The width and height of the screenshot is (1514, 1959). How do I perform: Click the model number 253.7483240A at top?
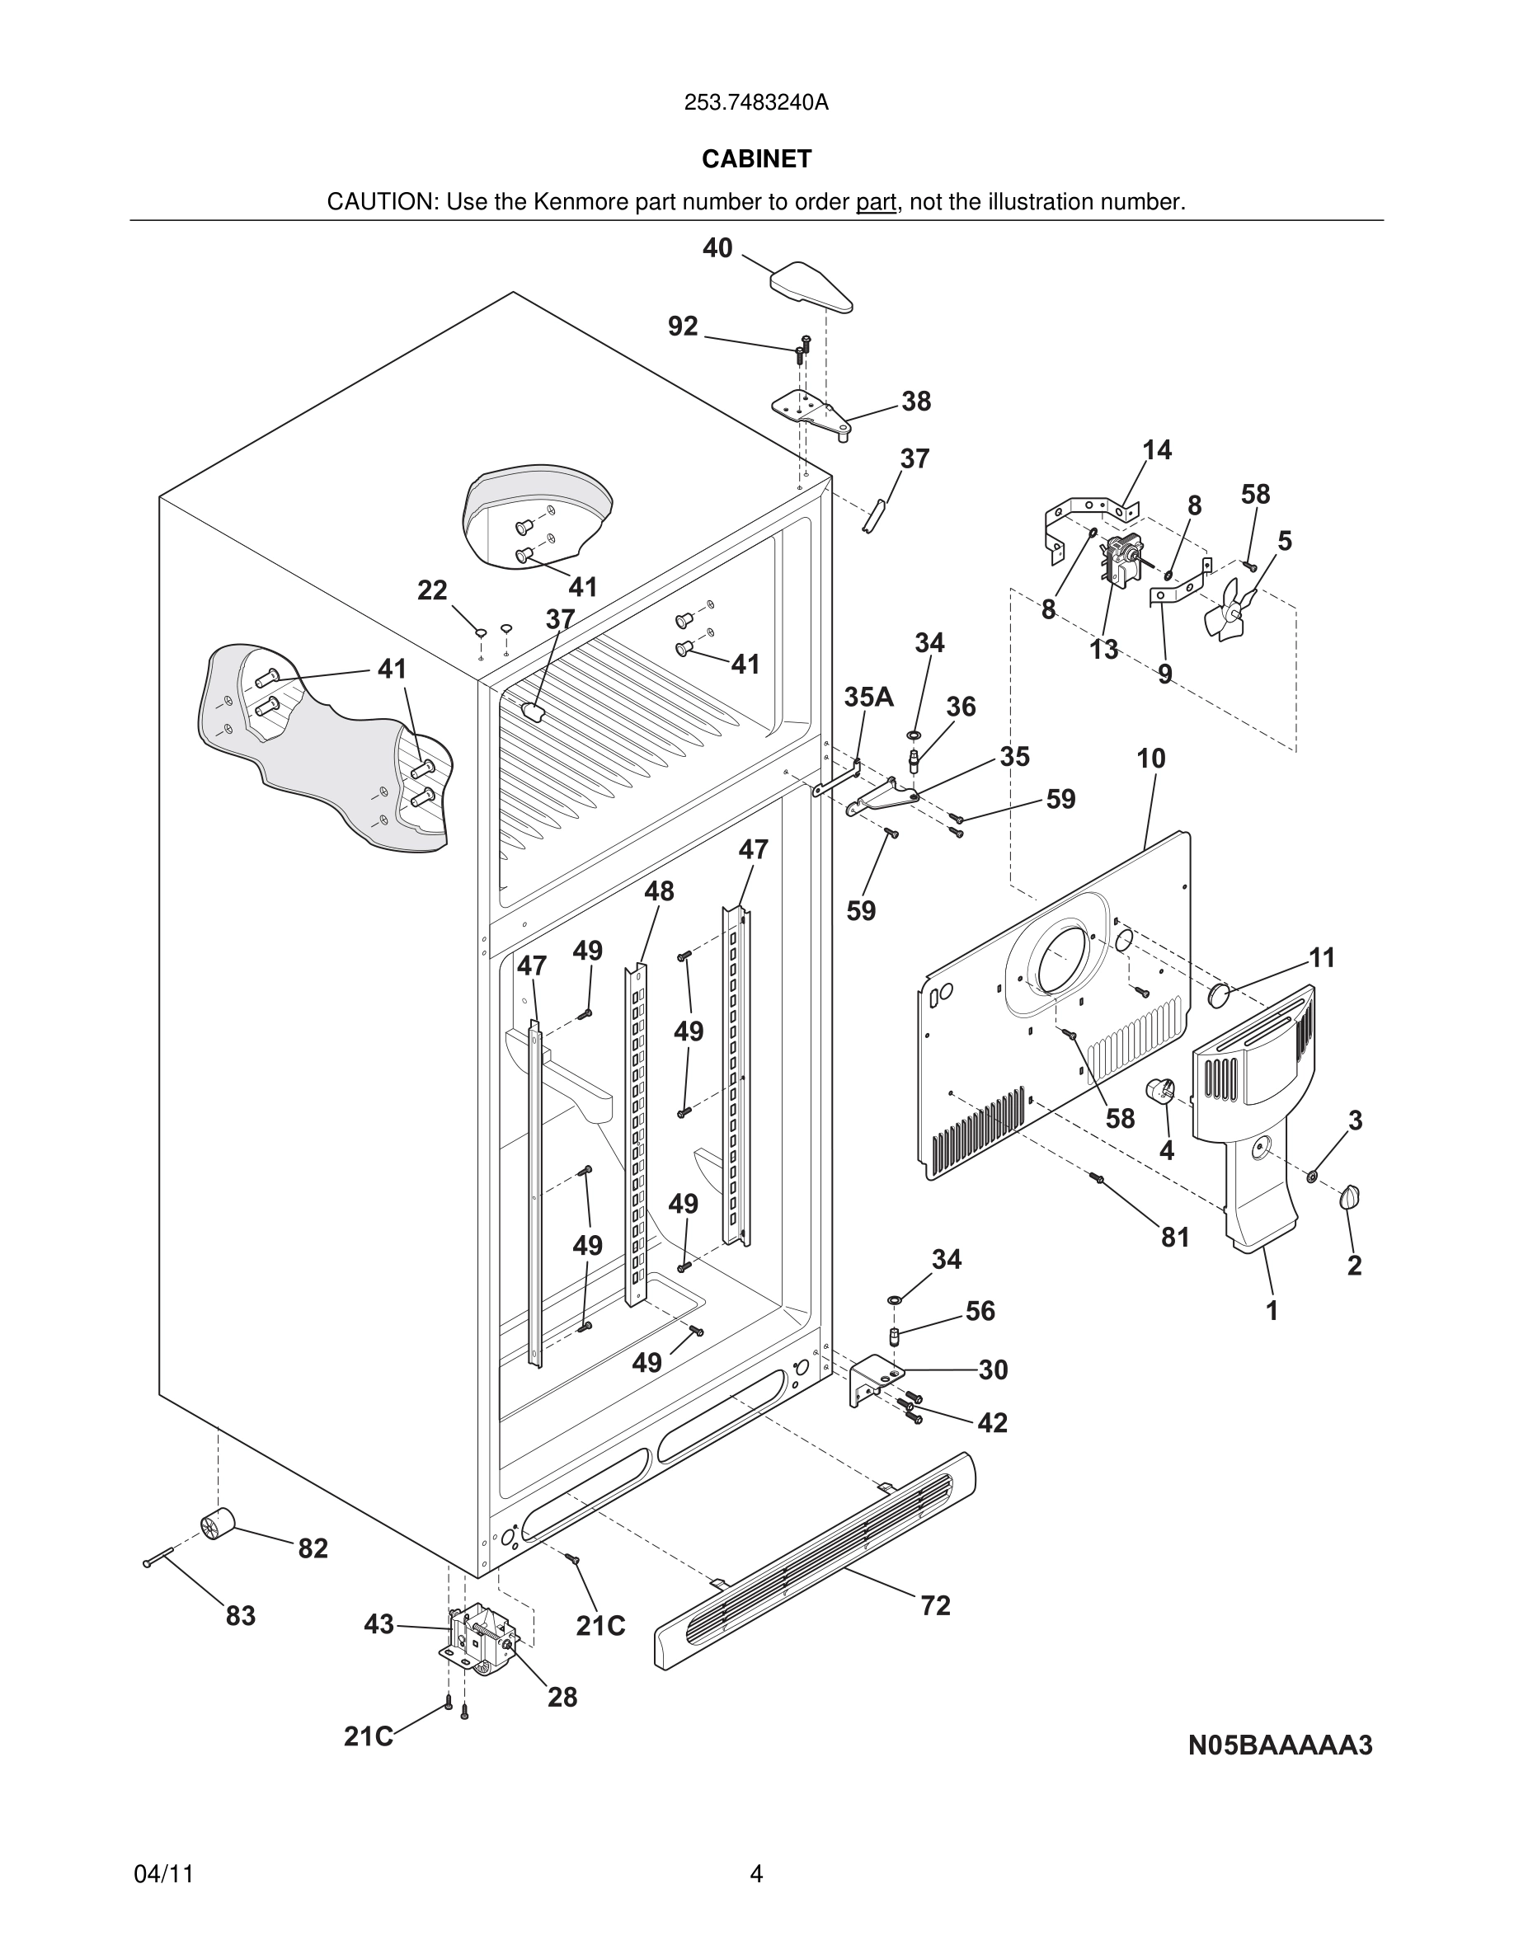(756, 103)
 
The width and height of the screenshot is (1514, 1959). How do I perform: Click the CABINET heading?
(756, 159)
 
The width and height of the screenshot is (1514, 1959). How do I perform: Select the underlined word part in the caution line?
(876, 203)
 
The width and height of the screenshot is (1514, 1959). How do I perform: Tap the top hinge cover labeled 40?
(810, 286)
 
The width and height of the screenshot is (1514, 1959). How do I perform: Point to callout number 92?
(683, 326)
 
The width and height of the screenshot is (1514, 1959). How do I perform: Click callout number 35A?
(868, 697)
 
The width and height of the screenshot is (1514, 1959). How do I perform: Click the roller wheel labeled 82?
(216, 1524)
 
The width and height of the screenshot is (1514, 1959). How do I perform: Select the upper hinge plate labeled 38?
(810, 411)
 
